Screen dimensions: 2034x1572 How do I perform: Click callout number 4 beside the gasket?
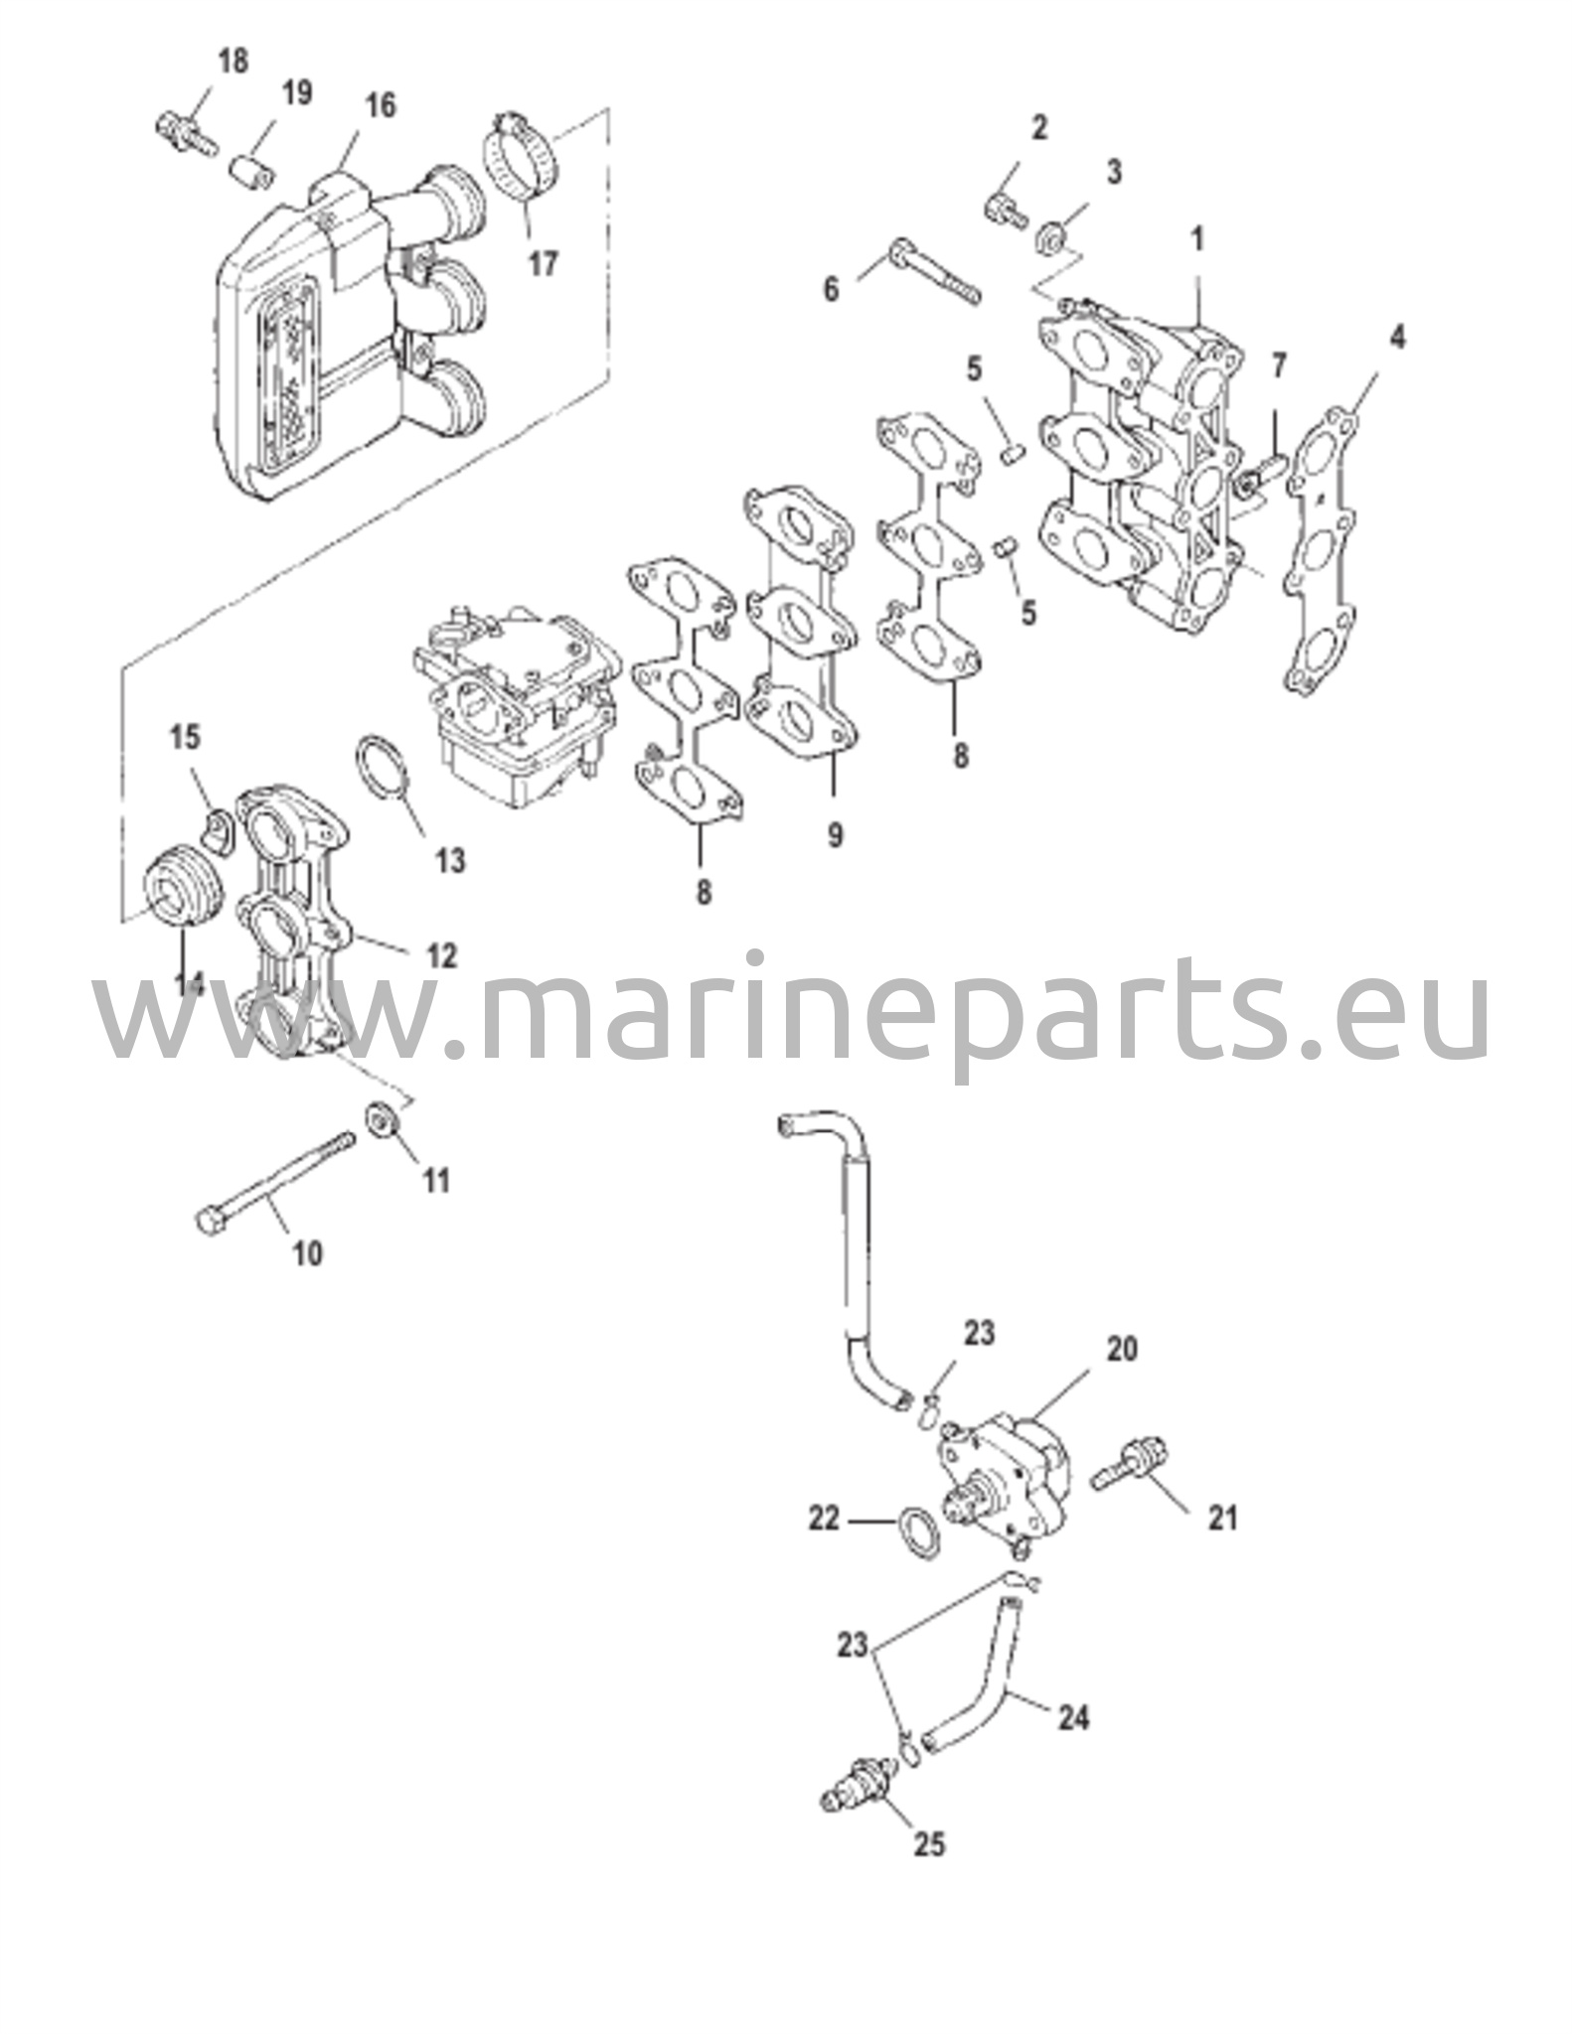point(1396,338)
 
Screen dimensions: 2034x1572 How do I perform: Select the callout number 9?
point(834,835)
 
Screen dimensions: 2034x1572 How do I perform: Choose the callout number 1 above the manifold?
point(1197,239)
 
